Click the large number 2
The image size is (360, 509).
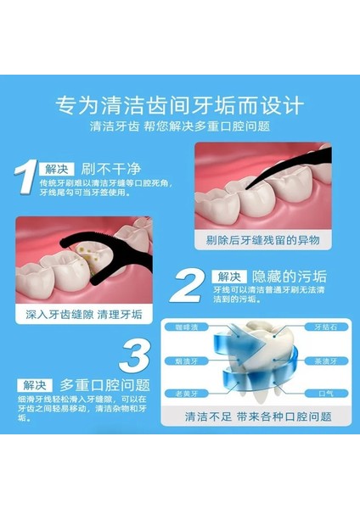(194, 286)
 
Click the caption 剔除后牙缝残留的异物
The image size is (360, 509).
(262, 241)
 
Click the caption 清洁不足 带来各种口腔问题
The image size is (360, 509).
(257, 418)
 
